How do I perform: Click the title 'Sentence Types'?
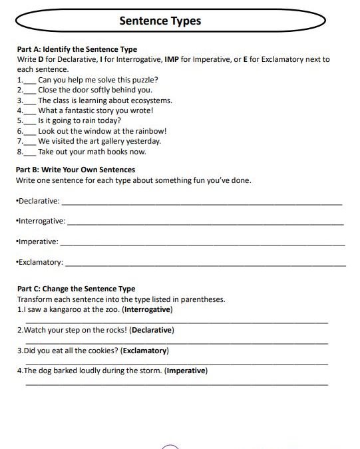(x=160, y=21)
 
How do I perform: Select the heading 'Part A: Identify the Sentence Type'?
(x=76, y=49)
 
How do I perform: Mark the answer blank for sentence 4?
(x=31, y=112)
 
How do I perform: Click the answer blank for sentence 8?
(x=31, y=152)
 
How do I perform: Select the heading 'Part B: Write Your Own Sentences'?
(x=75, y=170)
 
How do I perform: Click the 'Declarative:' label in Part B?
(x=38, y=201)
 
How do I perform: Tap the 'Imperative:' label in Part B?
(x=37, y=241)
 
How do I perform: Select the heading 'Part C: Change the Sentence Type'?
(x=75, y=289)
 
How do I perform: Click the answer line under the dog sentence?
(x=176, y=384)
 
